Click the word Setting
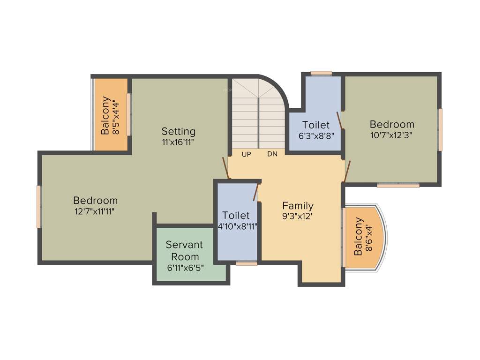point(178,131)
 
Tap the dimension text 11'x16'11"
point(178,141)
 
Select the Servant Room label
point(184,251)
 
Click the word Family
point(298,205)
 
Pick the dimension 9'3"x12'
point(298,217)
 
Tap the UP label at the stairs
point(246,154)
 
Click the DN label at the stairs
point(272,154)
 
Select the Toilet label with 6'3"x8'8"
point(315,125)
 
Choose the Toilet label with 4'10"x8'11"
point(236,215)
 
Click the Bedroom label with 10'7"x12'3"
point(392,124)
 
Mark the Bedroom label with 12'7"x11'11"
point(95,201)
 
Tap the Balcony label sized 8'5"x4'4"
point(106,115)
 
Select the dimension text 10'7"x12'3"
point(392,135)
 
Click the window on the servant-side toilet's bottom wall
point(247,263)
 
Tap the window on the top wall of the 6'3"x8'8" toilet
point(321,73)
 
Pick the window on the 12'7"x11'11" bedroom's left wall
point(39,207)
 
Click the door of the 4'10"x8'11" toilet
point(256,192)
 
